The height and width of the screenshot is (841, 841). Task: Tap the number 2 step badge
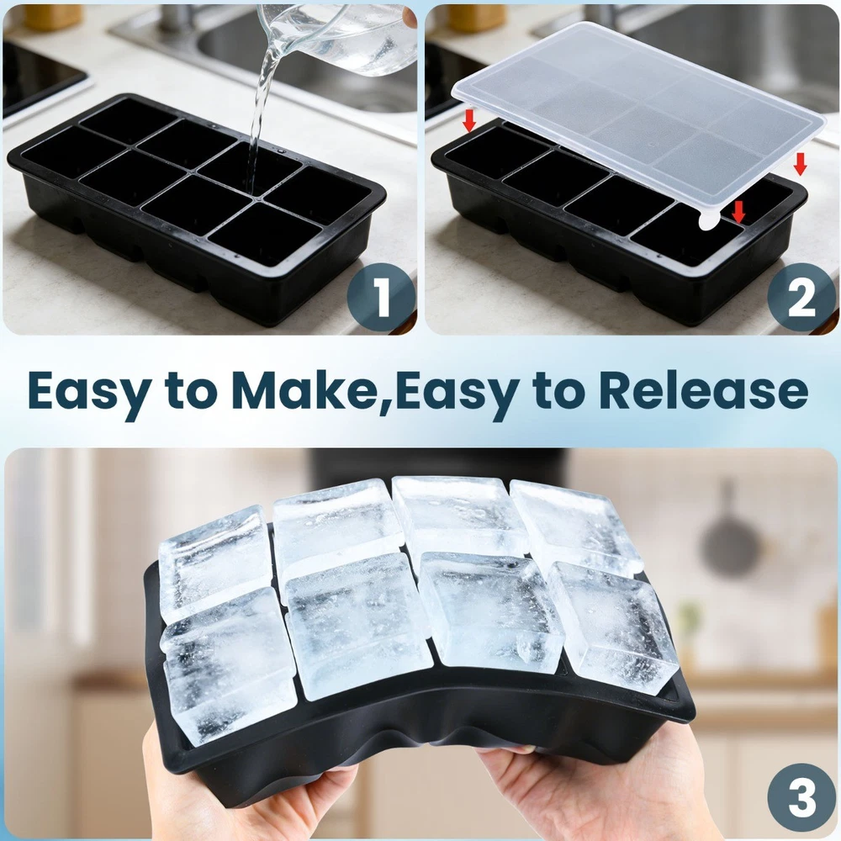(801, 297)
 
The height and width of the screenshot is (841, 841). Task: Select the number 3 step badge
(801, 798)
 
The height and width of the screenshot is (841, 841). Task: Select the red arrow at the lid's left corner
(469, 120)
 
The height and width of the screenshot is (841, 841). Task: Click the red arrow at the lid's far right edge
(800, 164)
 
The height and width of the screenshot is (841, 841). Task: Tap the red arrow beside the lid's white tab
(739, 212)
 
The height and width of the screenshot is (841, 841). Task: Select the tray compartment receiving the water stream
(251, 167)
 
